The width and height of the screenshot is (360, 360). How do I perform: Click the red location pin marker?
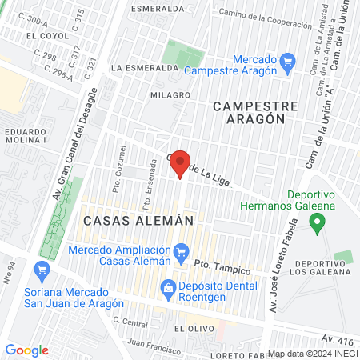(x=181, y=162)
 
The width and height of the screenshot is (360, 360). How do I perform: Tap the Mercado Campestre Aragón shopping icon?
(x=290, y=61)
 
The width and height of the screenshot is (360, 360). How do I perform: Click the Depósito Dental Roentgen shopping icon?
(x=168, y=286)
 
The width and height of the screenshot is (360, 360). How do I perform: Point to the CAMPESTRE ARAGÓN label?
(x=255, y=112)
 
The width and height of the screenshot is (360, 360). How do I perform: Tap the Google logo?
(x=27, y=350)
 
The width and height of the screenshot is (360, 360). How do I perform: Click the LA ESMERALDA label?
(x=145, y=68)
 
